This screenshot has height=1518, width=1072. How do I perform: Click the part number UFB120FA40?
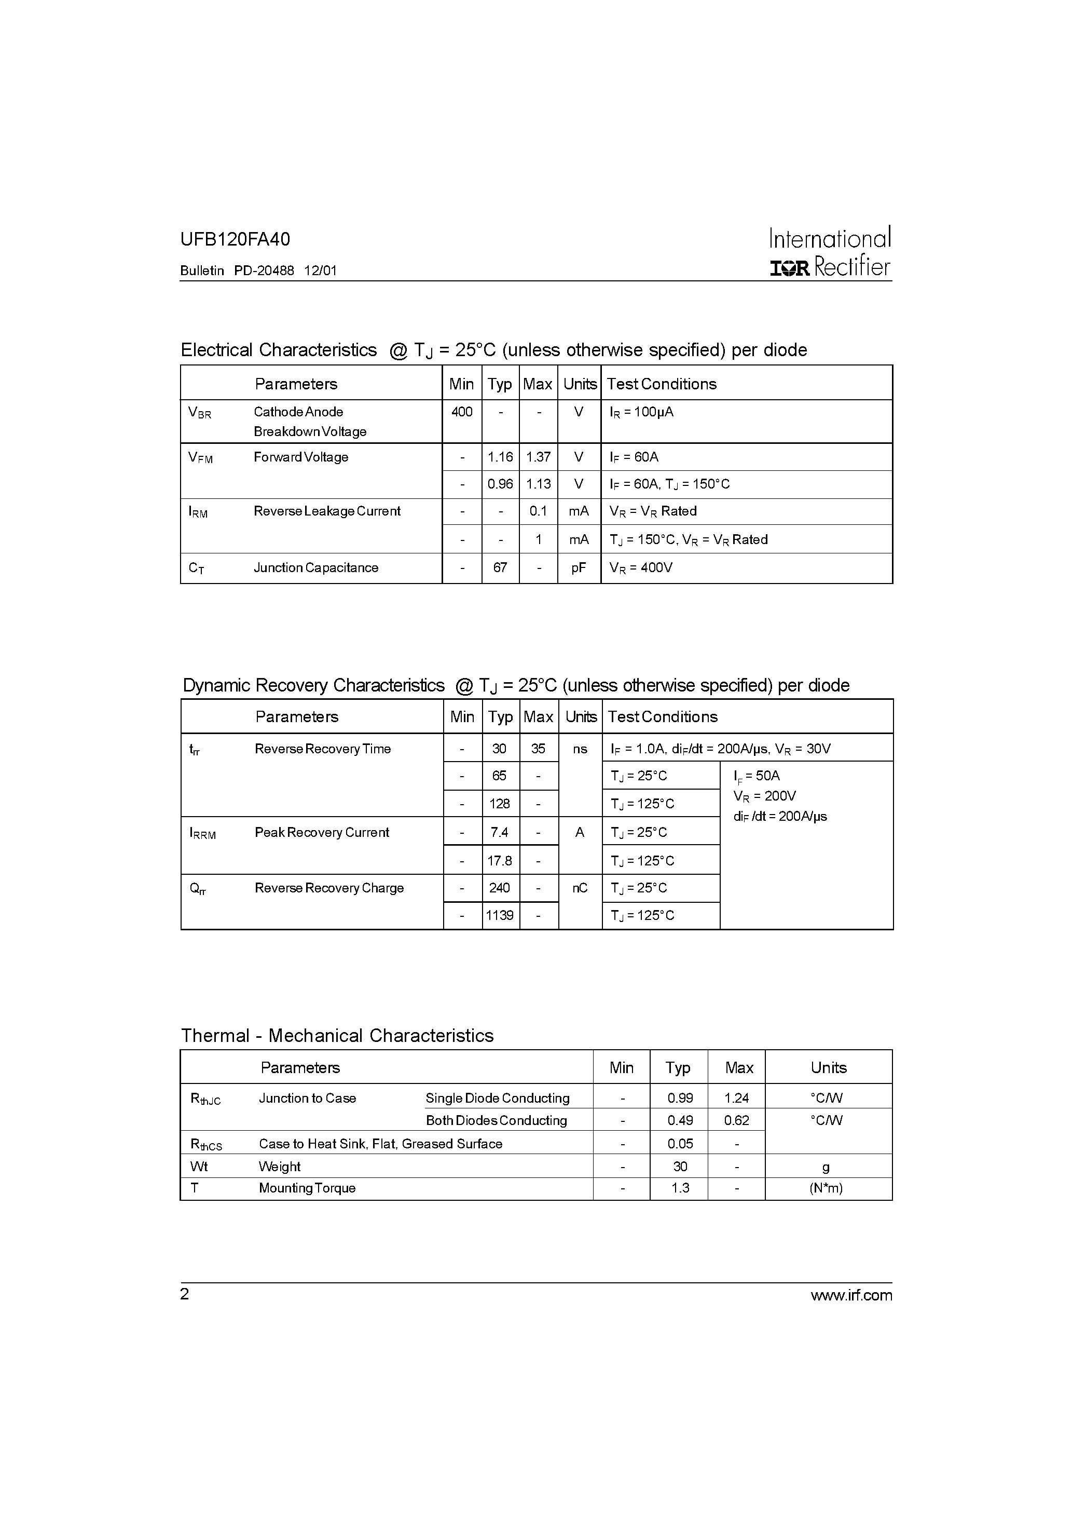[235, 239]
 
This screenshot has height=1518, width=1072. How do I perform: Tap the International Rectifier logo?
[830, 252]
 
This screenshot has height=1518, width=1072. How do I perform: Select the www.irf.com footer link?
[851, 1295]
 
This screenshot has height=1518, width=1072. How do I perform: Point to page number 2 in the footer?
[184, 1294]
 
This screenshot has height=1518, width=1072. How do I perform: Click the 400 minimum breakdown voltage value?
[462, 412]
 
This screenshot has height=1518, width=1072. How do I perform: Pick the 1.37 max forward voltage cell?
[539, 457]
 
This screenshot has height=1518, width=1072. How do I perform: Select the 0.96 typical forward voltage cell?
[500, 484]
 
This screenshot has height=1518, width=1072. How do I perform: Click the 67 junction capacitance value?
[500, 568]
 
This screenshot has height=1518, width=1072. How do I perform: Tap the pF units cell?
[579, 568]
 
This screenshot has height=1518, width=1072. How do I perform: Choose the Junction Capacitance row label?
[316, 568]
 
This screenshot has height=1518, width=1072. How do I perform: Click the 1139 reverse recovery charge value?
[500, 916]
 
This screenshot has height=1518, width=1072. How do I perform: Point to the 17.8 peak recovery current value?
[500, 861]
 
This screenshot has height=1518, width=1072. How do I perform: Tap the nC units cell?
[580, 888]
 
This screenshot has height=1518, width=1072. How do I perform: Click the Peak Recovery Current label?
[322, 832]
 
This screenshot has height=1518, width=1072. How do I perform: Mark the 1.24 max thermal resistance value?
[736, 1098]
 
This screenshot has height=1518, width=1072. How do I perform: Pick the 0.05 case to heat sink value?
[680, 1144]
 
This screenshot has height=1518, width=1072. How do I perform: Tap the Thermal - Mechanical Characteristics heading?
[337, 1035]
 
